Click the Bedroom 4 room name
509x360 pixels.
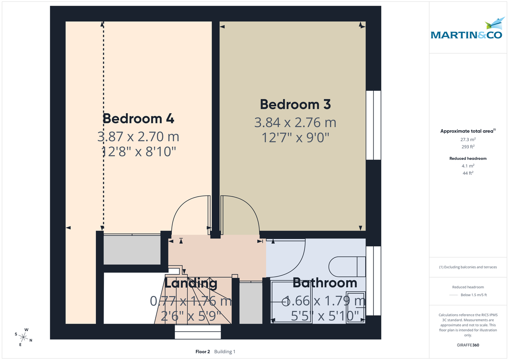(x=138, y=118)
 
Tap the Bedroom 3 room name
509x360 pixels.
(x=295, y=104)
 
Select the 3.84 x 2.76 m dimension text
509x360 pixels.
(x=295, y=123)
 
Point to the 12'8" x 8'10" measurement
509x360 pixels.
(x=138, y=151)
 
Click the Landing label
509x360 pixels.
(x=191, y=283)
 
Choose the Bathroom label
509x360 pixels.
(x=324, y=282)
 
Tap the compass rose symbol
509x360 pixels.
(x=24, y=337)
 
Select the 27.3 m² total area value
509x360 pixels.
(x=468, y=139)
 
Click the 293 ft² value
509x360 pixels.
(x=468, y=147)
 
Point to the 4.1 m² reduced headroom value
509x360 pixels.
(x=468, y=166)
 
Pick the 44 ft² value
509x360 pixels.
(x=468, y=173)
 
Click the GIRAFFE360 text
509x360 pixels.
(x=468, y=345)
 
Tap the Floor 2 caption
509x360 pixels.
(x=202, y=352)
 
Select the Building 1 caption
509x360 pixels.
(x=224, y=352)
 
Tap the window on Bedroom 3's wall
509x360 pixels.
(x=373, y=125)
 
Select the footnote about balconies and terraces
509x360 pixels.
(x=468, y=267)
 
